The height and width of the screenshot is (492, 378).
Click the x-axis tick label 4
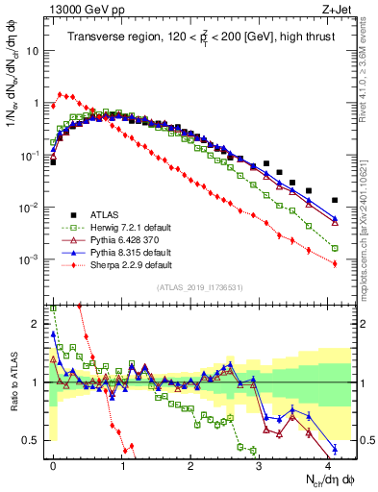(x=329, y=463)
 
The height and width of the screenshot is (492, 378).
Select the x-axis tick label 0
(x=54, y=463)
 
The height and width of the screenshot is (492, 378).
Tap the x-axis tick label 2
(x=191, y=463)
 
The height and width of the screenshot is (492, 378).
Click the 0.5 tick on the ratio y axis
(x=33, y=440)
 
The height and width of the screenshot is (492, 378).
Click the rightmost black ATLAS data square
(x=335, y=201)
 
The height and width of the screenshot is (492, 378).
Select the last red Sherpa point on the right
(x=335, y=264)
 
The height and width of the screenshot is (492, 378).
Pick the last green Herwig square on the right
(x=335, y=248)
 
